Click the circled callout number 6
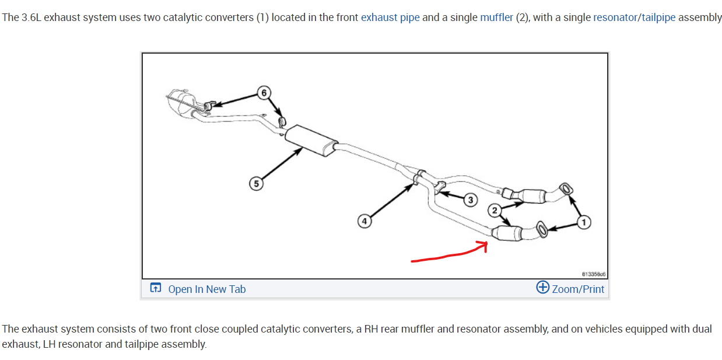click(x=264, y=93)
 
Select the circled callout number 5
click(x=255, y=184)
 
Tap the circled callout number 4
click(x=364, y=221)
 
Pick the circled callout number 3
click(x=470, y=200)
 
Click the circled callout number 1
click(x=584, y=221)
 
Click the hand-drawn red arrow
click(x=449, y=254)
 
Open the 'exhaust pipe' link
click(x=390, y=18)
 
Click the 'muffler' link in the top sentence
click(x=496, y=18)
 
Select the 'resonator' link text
click(x=615, y=18)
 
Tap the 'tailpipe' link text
click(x=658, y=18)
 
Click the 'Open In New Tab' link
click(x=206, y=289)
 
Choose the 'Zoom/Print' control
click(x=578, y=289)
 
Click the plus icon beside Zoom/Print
click(x=542, y=288)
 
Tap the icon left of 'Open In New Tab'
click(x=155, y=288)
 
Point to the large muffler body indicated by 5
click(x=311, y=141)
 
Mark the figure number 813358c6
click(x=593, y=273)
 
